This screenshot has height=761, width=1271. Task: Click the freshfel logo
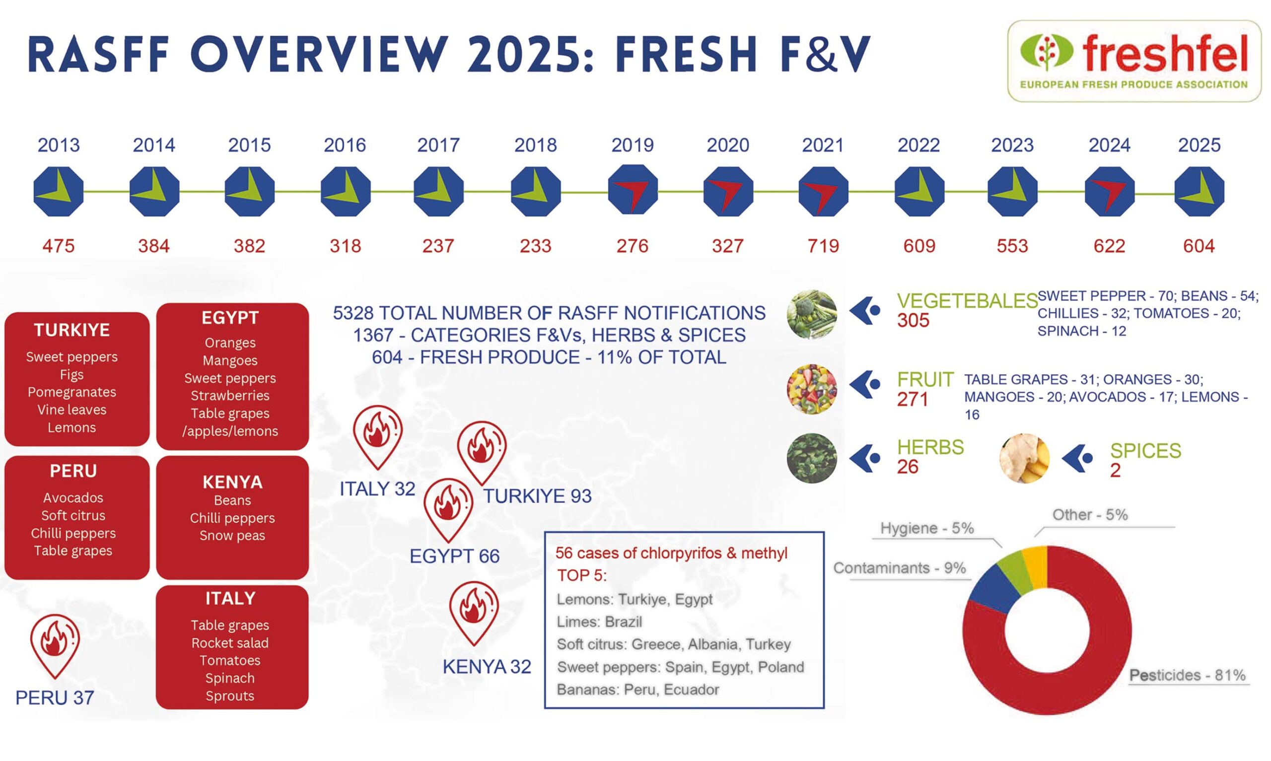[1133, 61]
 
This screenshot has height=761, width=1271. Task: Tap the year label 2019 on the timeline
[632, 145]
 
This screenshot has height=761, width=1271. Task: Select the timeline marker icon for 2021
[823, 191]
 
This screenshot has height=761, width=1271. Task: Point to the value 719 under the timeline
[823, 246]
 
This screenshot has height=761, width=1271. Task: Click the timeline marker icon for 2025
[1199, 191]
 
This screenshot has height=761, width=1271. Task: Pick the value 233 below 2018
[535, 246]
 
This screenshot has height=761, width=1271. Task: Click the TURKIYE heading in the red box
[72, 330]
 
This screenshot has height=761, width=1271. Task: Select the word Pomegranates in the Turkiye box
[72, 392]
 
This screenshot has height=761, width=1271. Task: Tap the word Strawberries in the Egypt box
[230, 396]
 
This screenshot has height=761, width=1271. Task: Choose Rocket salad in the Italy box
[230, 643]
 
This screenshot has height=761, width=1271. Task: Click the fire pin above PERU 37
[55, 643]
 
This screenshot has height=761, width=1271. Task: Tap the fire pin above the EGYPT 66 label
[448, 508]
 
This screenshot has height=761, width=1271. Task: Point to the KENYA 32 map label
[487, 667]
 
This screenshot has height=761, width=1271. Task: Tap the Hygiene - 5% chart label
[926, 528]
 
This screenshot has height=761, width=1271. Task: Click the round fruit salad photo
[812, 389]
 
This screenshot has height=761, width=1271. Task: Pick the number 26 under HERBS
[907, 467]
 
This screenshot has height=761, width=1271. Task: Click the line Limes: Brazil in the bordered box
[599, 622]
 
